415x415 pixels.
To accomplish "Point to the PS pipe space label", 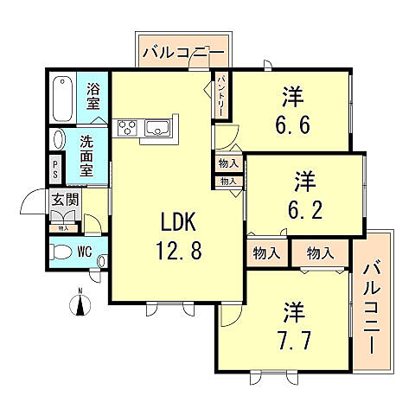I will pos(56,166).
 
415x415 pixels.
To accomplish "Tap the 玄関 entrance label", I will pos(65,204).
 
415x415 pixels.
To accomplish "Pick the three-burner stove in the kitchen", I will pos(127,128).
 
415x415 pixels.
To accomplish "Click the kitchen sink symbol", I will pos(159,128).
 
